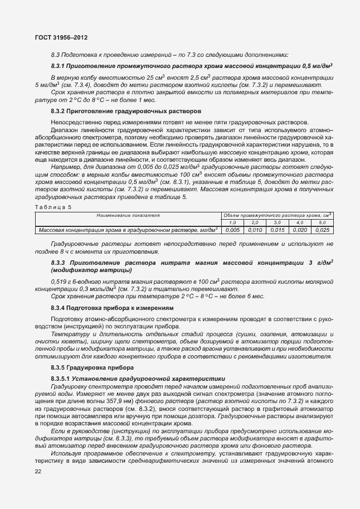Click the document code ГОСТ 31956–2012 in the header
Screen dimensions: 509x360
(59, 37)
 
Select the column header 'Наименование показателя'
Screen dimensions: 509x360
(128, 215)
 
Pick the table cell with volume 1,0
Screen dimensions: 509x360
(233, 222)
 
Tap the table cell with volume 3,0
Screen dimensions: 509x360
(277, 222)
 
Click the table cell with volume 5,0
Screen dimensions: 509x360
(322, 222)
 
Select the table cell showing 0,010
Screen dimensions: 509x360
(255, 230)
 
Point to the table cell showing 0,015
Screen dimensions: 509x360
(277, 230)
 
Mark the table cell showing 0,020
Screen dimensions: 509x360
(299, 230)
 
